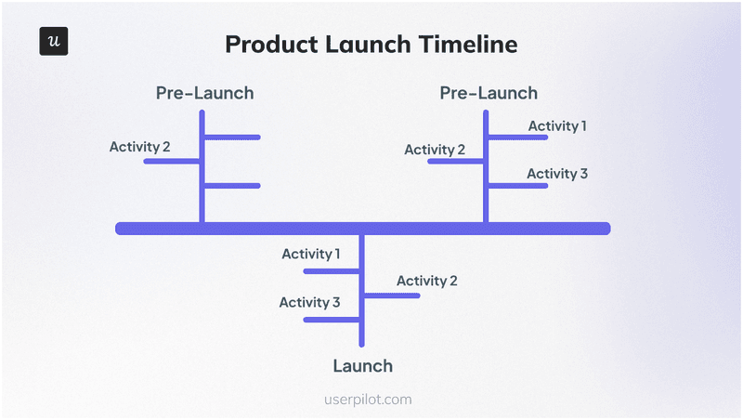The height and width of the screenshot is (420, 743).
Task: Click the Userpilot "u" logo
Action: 54,43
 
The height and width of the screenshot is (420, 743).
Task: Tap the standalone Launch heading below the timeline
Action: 363,365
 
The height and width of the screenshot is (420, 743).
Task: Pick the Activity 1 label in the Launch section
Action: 311,254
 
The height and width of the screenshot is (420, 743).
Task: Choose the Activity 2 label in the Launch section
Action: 426,281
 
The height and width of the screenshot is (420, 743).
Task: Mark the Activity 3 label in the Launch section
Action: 310,302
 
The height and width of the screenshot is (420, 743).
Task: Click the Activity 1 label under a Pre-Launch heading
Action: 557,125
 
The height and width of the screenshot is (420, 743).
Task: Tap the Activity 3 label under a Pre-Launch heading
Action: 557,174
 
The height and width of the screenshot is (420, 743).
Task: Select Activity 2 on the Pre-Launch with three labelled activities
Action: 435,150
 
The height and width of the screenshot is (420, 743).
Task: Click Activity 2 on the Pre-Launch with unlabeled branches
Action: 139,147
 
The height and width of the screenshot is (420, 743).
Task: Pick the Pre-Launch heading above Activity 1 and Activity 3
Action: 489,93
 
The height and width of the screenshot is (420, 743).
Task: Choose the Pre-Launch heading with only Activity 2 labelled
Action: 204,93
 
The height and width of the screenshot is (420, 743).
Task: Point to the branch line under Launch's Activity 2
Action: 394,295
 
